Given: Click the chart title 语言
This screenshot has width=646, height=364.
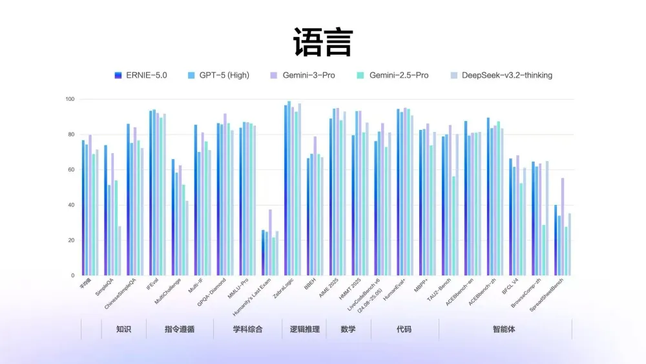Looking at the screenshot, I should pyautogui.click(x=322, y=42).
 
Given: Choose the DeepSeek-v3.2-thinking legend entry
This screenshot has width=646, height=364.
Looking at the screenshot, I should pyautogui.click(x=501, y=75).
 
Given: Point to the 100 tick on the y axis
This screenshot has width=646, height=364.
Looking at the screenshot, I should pyautogui.click(x=70, y=100).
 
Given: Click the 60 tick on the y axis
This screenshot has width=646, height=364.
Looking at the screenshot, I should pyautogui.click(x=71, y=170).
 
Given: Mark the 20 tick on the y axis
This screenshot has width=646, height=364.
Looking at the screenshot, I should pyautogui.click(x=71, y=241).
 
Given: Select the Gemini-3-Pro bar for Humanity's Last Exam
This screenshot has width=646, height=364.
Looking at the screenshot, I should pyautogui.click(x=270, y=242).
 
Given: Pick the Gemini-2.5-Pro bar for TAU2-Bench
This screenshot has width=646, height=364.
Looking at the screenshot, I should pyautogui.click(x=453, y=226).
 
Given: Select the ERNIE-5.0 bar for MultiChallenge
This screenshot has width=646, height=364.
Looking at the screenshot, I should pyautogui.click(x=172, y=217).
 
